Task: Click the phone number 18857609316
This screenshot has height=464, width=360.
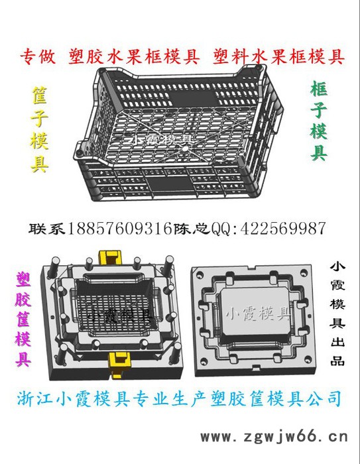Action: tap(118, 229)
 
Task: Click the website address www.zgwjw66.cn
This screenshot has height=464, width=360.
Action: tap(274, 436)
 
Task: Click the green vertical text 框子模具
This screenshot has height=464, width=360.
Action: tap(319, 122)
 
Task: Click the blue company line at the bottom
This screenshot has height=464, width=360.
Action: tap(178, 399)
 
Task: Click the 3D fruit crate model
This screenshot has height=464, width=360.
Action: tap(186, 133)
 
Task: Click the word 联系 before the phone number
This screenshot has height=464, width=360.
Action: tap(48, 229)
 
